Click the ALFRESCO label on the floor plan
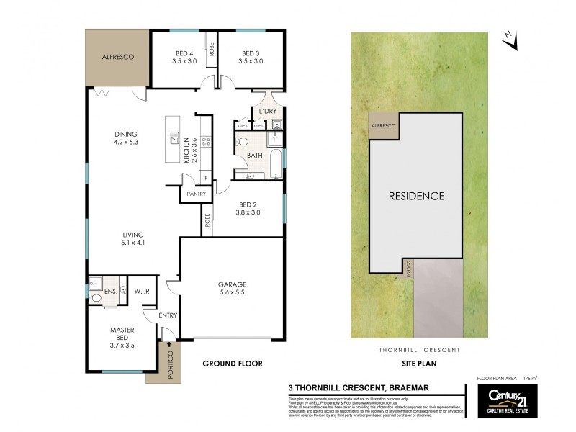pyautogui.click(x=115, y=56)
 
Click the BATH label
pyautogui.click(x=253, y=154)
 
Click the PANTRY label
pyautogui.click(x=197, y=194)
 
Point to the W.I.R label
pyautogui.click(x=141, y=292)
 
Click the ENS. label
pyautogui.click(x=110, y=292)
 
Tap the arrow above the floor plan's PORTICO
pyautogui.click(x=170, y=344)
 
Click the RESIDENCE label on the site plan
pyautogui.click(x=416, y=196)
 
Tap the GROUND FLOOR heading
pyautogui.click(x=231, y=364)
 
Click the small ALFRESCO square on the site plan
pyautogui.click(x=383, y=126)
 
